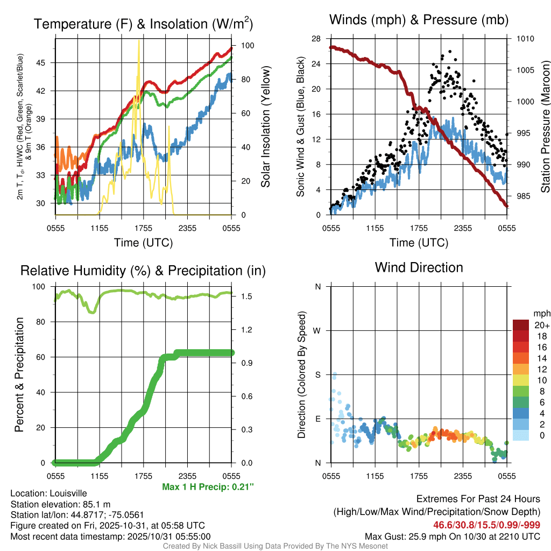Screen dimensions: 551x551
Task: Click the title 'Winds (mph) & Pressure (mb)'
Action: tap(419, 20)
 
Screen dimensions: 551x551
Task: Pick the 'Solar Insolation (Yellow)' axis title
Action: tap(266, 127)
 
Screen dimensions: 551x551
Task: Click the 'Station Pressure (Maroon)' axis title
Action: tap(545, 127)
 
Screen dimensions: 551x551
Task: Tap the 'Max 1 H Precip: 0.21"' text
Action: tap(208, 487)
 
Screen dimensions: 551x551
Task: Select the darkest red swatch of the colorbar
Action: tap(520, 325)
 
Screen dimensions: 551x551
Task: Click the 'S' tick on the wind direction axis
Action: tap(318, 375)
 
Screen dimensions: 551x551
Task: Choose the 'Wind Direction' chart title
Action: tap(419, 267)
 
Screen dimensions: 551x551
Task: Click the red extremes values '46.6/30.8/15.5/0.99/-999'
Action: tap(486, 525)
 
